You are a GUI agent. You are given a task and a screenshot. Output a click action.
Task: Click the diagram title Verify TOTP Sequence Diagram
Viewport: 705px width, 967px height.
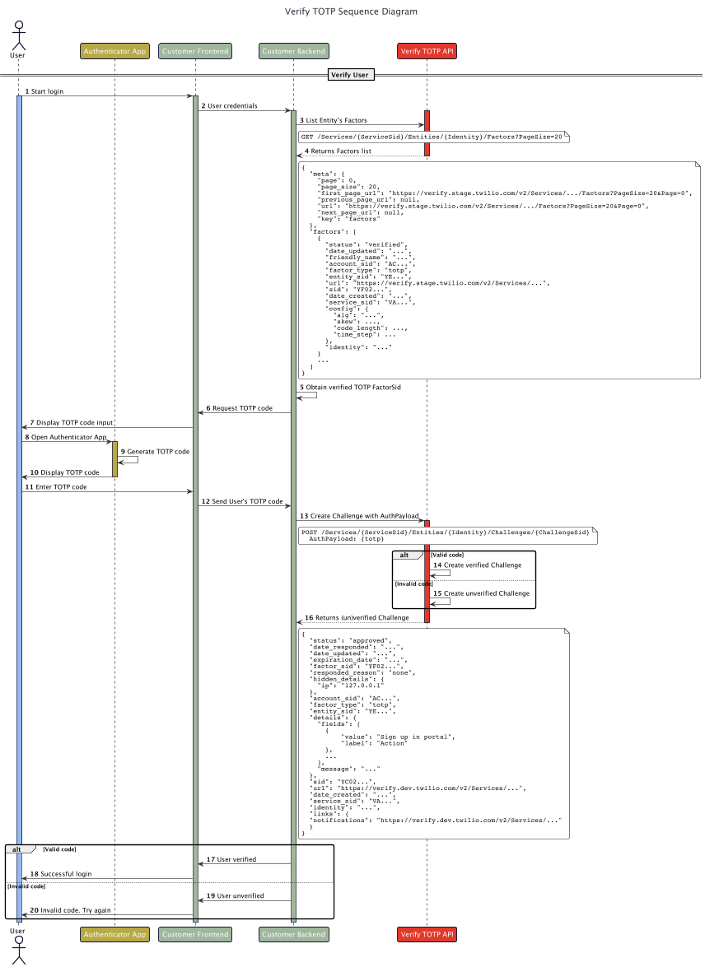click(x=351, y=12)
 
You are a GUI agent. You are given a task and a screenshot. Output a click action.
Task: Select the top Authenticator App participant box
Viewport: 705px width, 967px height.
click(x=114, y=51)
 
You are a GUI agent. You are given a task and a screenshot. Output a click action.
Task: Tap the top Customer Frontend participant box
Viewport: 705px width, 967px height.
click(x=195, y=51)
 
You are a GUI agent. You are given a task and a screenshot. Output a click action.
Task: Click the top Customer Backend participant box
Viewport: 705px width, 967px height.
click(x=293, y=51)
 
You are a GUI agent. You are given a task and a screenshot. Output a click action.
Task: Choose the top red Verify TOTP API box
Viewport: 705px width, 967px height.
click(x=427, y=51)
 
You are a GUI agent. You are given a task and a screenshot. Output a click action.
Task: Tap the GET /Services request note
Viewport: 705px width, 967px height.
click(x=432, y=137)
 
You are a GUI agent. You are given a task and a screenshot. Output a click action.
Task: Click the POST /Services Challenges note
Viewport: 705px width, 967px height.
click(x=446, y=535)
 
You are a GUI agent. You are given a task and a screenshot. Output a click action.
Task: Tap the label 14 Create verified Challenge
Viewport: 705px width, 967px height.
click(x=478, y=565)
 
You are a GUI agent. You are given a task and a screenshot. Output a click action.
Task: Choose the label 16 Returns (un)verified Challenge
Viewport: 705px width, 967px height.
click(x=357, y=617)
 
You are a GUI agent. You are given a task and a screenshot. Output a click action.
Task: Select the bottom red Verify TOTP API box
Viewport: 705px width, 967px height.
click(x=427, y=934)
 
